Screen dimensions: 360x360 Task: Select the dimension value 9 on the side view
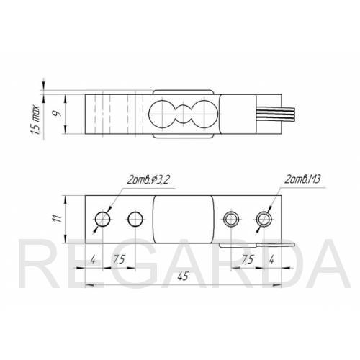tap(57, 114)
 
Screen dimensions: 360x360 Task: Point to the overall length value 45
tap(183, 276)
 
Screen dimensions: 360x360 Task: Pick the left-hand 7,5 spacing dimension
tap(120, 259)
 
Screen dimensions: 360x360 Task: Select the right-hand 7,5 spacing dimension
tap(248, 259)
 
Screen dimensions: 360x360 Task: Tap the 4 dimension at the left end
tap(93, 259)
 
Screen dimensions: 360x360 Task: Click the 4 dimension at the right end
tap(271, 259)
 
